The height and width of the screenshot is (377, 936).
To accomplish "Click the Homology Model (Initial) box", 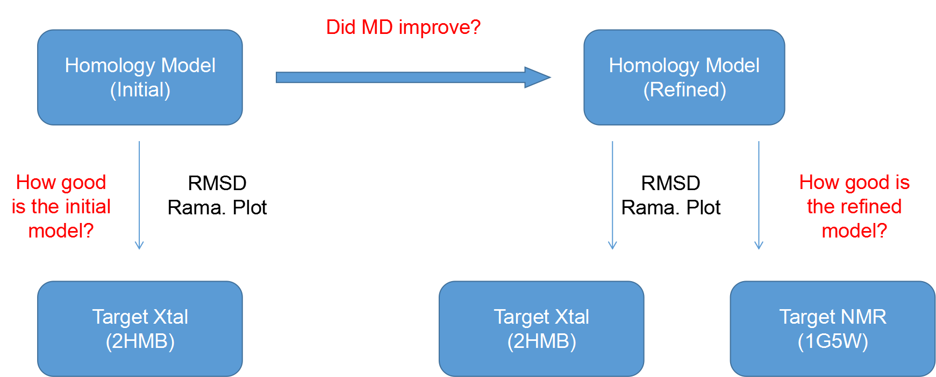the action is click(140, 78).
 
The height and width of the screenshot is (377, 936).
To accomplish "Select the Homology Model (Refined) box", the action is click(684, 78).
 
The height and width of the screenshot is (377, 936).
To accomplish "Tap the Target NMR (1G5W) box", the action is click(833, 329).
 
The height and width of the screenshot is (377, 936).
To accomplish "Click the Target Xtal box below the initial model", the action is click(140, 329).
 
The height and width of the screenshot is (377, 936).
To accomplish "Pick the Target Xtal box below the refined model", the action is click(541, 329).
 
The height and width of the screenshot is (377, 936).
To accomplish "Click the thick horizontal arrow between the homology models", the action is click(413, 78).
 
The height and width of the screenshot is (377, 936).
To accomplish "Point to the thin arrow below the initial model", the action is click(139, 195).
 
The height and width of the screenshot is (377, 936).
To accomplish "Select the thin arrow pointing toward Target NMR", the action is click(759, 195).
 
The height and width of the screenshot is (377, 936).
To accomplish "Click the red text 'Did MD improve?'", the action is click(403, 27).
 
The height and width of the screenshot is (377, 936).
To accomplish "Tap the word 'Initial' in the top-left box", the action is click(140, 89).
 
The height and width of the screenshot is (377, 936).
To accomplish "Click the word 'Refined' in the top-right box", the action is click(685, 89).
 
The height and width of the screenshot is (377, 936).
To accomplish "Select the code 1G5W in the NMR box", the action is click(833, 341).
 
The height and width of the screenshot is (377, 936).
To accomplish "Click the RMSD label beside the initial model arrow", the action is click(217, 183).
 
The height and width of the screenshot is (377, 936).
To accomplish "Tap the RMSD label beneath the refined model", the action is click(670, 183).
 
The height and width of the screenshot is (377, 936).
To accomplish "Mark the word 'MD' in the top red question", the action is click(377, 27).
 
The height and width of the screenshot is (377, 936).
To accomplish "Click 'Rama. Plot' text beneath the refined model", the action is click(670, 207).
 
